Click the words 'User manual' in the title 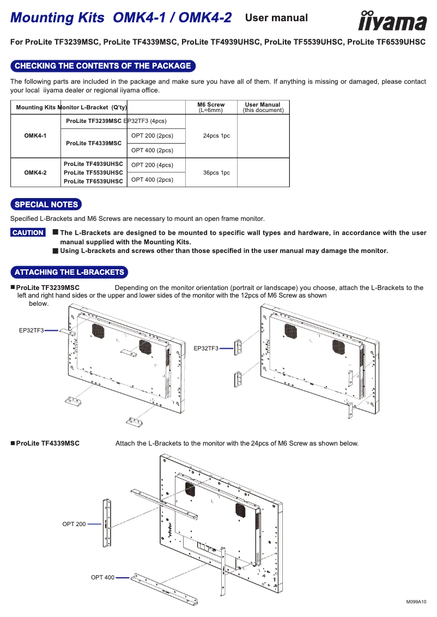click(x=276, y=18)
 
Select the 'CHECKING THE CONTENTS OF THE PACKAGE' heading click(x=103, y=66)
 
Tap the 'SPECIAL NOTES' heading click(x=46, y=205)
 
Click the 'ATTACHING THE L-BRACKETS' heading click(x=69, y=272)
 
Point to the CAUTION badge click(x=28, y=233)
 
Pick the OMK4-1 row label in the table click(x=35, y=135)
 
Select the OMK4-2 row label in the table click(x=35, y=172)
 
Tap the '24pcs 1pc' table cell click(x=216, y=135)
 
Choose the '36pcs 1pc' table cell click(x=216, y=172)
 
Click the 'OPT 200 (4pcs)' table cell click(x=152, y=165)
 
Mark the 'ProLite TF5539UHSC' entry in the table click(x=93, y=172)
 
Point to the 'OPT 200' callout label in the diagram click(x=74, y=524)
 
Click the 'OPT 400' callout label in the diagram click(x=102, y=577)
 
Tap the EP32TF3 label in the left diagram click(x=32, y=330)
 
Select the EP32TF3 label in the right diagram click(x=206, y=348)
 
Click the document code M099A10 click(x=416, y=602)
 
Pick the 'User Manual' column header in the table click(x=263, y=107)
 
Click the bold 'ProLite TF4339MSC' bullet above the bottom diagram click(x=47, y=443)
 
